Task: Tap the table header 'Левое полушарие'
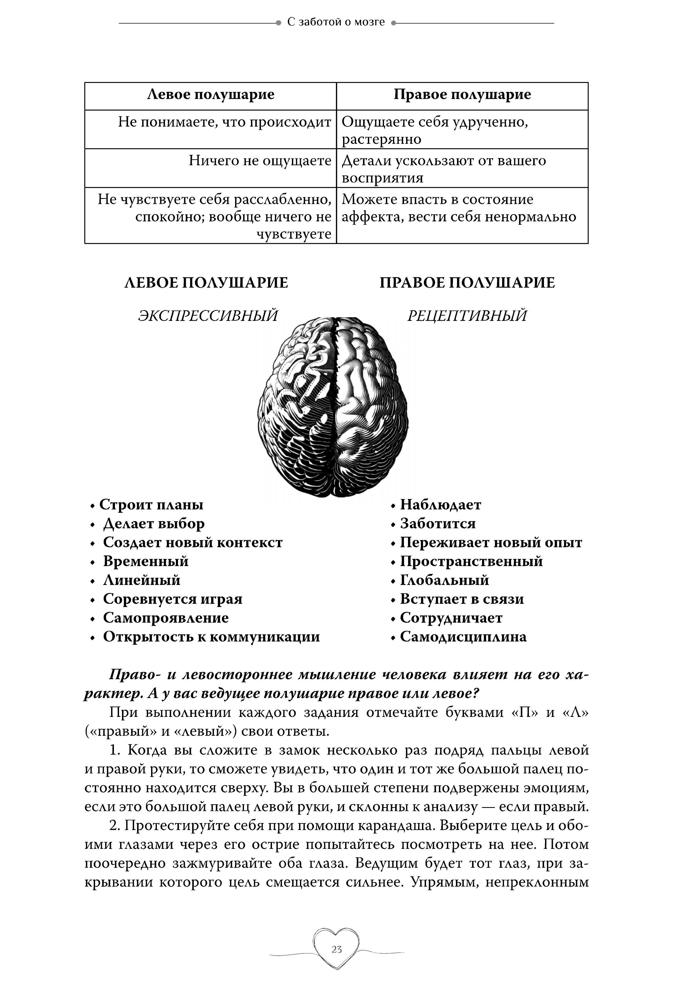pyautogui.click(x=211, y=95)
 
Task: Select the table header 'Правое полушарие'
pyautogui.click(x=462, y=95)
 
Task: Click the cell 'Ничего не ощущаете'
pyautogui.click(x=260, y=161)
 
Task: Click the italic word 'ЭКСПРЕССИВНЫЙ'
pyautogui.click(x=208, y=316)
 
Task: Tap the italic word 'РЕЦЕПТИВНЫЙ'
pyautogui.click(x=467, y=316)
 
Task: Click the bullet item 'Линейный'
pyautogui.click(x=142, y=580)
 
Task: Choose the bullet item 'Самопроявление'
pyautogui.click(x=166, y=618)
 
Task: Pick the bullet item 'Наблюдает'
pyautogui.click(x=441, y=505)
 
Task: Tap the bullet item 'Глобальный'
pyautogui.click(x=444, y=580)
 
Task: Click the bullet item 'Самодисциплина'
pyautogui.click(x=463, y=637)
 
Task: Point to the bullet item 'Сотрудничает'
pyautogui.click(x=451, y=618)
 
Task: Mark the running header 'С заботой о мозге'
pyautogui.click(x=336, y=22)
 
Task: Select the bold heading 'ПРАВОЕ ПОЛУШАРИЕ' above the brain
pyautogui.click(x=467, y=283)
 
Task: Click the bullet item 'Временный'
pyautogui.click(x=146, y=561)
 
